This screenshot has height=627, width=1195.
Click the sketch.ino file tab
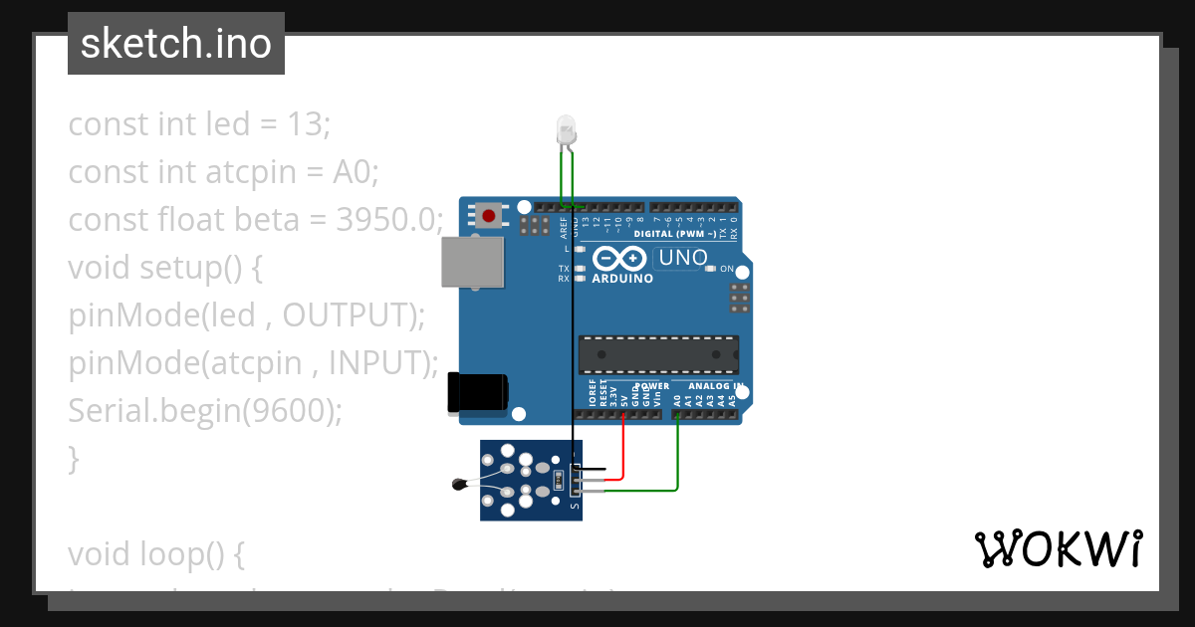176,44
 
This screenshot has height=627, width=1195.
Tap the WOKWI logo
1058,548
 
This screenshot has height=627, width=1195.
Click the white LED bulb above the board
565,129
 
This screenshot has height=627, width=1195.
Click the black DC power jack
477,391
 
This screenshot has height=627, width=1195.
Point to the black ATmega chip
658,355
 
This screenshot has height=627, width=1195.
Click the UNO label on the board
683,258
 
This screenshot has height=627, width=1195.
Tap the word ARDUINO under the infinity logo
622,280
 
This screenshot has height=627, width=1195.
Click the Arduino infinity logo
619,259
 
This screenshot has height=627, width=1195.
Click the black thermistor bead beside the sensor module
459,485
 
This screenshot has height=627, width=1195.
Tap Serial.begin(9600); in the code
205,410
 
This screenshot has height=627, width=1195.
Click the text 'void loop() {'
156,553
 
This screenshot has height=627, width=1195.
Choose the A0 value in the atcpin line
353,171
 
